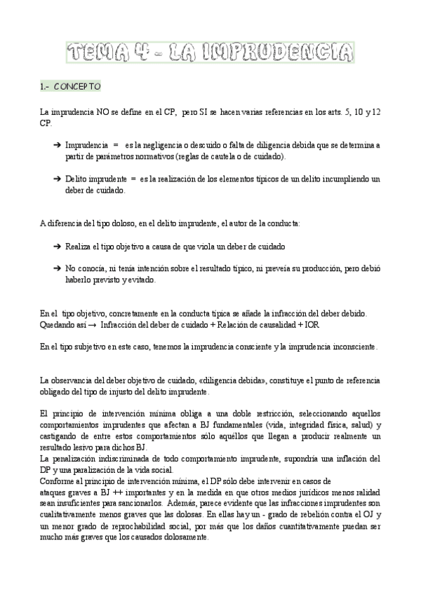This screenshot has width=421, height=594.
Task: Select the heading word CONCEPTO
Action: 78,86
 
